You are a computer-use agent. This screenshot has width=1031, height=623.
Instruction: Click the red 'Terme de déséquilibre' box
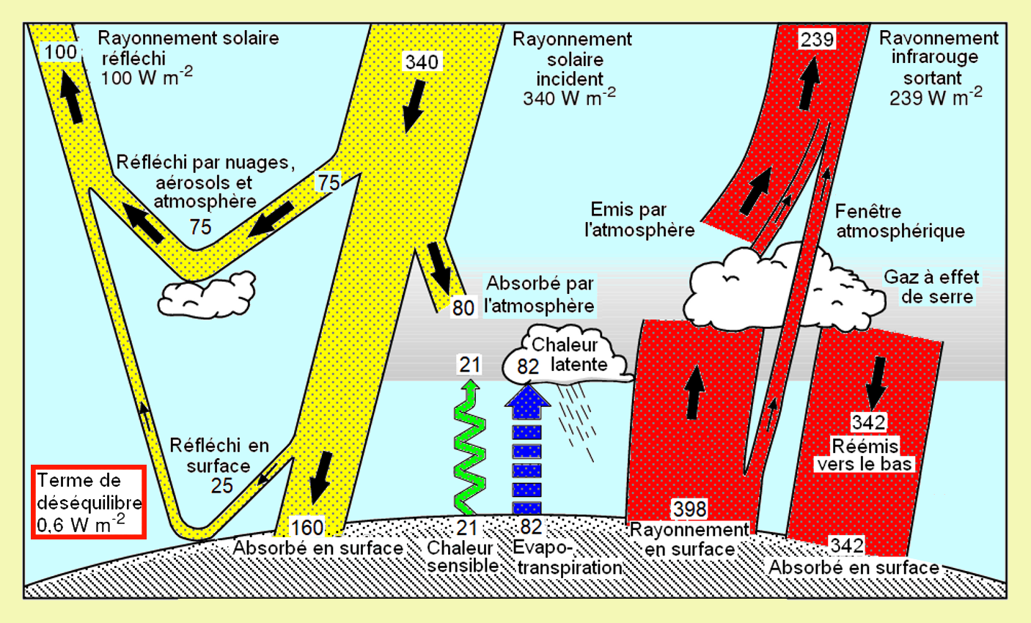tap(89, 502)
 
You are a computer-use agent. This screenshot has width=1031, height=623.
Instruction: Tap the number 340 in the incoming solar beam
tap(422, 62)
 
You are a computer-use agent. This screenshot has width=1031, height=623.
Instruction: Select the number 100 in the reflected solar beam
tap(60, 52)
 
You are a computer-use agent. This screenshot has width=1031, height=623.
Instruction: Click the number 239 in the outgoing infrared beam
tap(817, 39)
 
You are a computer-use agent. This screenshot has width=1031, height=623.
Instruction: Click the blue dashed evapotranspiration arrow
tap(527, 451)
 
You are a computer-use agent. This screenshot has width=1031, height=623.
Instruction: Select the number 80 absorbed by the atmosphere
tap(463, 307)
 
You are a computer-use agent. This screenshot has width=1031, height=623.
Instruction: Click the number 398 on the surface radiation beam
tap(689, 509)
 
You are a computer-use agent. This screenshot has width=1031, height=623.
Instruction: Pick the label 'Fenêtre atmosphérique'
tap(900, 221)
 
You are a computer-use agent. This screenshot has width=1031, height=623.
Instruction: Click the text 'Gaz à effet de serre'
tap(931, 287)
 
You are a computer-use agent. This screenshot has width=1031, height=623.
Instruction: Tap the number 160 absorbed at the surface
tap(307, 528)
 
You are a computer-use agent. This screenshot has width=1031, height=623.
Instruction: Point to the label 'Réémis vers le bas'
tap(865, 454)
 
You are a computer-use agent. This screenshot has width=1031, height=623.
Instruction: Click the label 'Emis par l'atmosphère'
tap(639, 220)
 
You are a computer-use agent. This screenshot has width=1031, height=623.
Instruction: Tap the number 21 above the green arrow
tap(469, 364)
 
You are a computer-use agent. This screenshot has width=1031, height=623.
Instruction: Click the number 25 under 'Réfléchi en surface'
tap(221, 485)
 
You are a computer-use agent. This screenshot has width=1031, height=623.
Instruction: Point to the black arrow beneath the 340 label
tap(413, 104)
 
